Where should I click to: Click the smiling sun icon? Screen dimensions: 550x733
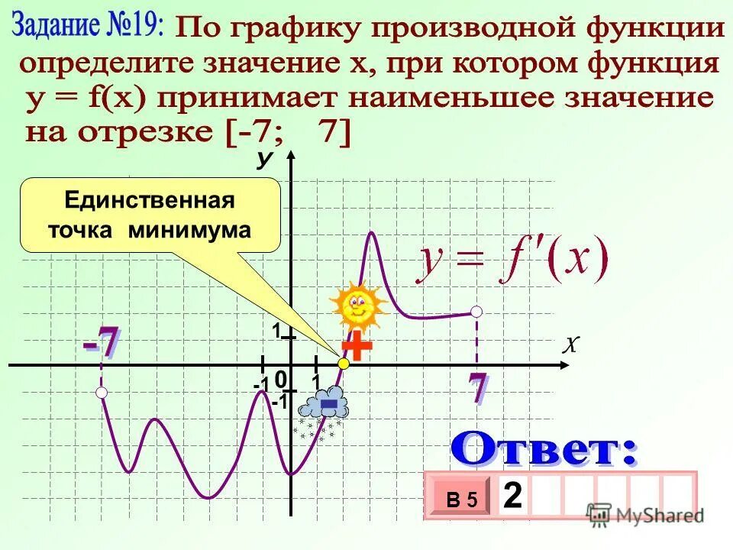click(x=358, y=306)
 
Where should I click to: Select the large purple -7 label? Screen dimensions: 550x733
click(x=102, y=341)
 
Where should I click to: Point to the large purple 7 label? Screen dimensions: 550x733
click(x=477, y=388)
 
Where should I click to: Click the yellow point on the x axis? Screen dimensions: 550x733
click(x=344, y=365)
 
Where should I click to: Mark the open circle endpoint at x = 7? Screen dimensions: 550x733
click(x=477, y=311)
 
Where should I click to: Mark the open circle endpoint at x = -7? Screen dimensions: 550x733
click(x=102, y=392)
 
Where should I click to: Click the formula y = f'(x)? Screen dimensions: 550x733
click(x=512, y=262)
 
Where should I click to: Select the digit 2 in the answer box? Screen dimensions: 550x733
click(x=513, y=497)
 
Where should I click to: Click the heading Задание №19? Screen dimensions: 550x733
click(x=88, y=27)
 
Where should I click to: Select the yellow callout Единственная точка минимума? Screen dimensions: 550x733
click(x=150, y=215)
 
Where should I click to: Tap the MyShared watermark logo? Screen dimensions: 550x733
click(x=644, y=514)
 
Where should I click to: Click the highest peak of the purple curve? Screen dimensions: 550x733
click(x=373, y=231)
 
